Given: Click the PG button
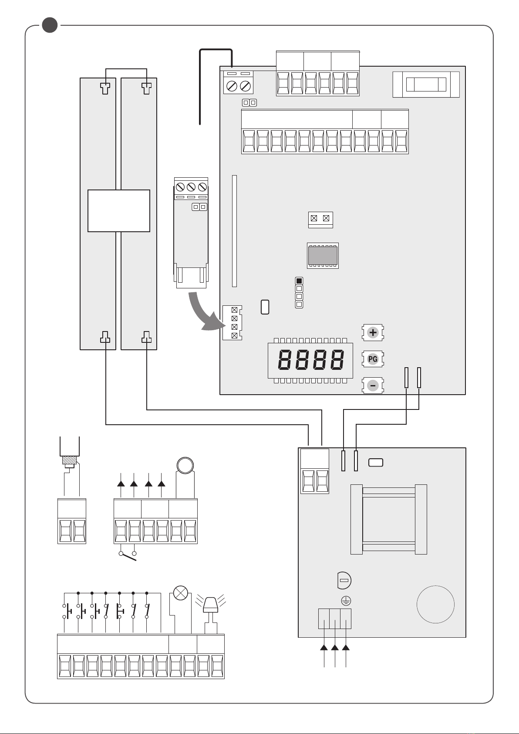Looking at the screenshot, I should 373,359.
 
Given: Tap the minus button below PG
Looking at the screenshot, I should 373,386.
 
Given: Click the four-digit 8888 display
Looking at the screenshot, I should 310,360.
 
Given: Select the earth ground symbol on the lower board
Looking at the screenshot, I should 346,601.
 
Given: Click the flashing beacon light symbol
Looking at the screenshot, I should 211,606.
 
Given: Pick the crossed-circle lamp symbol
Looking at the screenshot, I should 180,593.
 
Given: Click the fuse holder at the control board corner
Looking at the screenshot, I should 426,85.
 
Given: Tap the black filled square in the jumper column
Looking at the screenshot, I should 299,281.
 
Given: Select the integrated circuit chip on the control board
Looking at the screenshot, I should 323,255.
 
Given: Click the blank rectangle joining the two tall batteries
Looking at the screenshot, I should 119,211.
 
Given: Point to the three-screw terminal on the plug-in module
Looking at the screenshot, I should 191,187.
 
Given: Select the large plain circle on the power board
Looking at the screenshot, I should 435,605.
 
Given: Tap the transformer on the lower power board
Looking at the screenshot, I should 389,519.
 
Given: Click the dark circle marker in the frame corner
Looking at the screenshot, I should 50,25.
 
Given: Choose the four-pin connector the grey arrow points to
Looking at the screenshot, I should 234,322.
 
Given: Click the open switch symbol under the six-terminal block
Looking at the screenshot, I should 128,555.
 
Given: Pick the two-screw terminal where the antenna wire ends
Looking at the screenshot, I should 238,85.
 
